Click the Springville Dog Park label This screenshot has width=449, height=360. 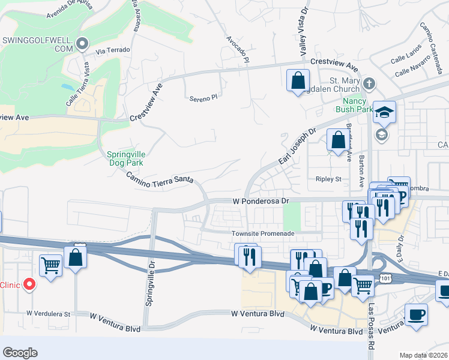point(127,157)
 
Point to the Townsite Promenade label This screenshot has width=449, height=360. point(264,233)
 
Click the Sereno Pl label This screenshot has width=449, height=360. point(202,98)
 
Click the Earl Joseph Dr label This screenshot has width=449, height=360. point(297,146)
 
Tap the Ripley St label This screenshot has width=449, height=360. point(328,179)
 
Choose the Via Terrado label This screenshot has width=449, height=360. point(117,50)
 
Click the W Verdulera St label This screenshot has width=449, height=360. point(49,313)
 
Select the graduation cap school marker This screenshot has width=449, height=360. point(384,112)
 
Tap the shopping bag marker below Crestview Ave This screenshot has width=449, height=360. point(298,80)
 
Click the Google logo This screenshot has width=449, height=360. point(20,352)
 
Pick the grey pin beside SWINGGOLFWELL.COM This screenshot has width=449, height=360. point(82,43)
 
